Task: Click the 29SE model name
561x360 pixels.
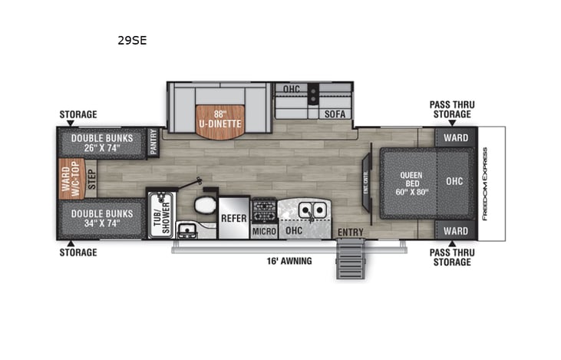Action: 132,40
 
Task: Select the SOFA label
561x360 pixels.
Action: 335,114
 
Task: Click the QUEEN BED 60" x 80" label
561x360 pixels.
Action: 411,184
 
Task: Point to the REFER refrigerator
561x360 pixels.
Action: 233,218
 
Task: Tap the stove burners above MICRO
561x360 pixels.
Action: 264,210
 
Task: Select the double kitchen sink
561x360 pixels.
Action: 312,209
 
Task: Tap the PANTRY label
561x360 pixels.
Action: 153,143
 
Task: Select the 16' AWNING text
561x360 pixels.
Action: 286,261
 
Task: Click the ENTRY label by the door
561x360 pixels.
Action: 350,232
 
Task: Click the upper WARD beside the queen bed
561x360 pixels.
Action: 456,138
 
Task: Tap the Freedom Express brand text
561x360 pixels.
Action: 484,184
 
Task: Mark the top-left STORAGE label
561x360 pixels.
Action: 78,115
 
